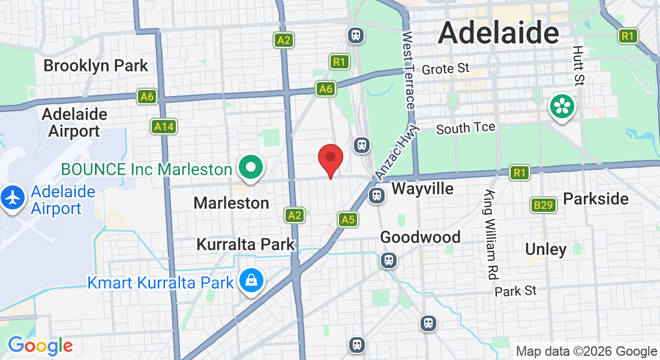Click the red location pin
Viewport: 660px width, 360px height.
330,159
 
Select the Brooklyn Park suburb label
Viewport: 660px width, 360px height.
96,65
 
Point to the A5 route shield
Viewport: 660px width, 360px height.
348,220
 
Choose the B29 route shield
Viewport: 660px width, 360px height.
544,205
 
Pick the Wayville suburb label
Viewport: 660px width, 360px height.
422,189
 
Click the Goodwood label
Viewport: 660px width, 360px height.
421,238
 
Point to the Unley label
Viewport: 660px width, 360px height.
545,249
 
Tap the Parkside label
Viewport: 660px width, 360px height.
596,199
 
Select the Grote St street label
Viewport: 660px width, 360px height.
445,69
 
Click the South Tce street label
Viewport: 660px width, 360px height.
466,128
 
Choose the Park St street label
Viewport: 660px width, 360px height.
515,291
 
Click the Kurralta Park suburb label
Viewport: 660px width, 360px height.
246,244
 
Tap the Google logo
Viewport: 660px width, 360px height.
40,346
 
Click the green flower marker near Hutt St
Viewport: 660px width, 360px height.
562,107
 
